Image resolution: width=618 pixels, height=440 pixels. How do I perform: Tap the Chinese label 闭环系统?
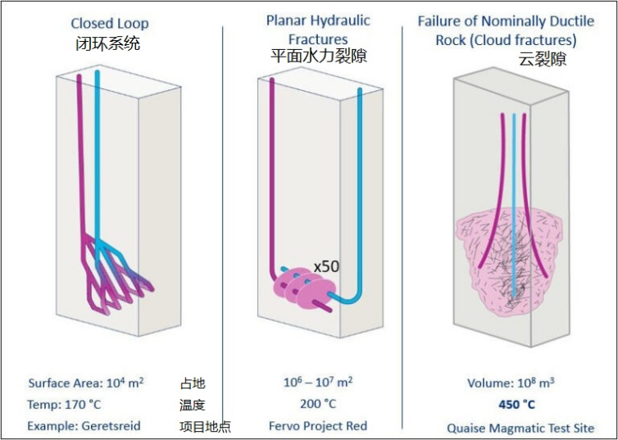[x=108, y=43]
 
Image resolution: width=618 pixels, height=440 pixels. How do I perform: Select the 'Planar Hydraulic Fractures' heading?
[x=318, y=29]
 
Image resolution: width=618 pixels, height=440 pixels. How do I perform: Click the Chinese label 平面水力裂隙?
[x=318, y=57]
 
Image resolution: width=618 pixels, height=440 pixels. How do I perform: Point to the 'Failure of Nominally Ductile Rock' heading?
[x=506, y=29]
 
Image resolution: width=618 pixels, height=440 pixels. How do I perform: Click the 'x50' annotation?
[x=326, y=266]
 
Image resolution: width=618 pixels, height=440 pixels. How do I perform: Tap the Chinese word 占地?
[x=193, y=383]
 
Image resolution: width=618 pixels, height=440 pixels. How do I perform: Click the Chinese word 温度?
[x=193, y=405]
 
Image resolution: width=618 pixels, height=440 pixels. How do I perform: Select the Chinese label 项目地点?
[x=205, y=427]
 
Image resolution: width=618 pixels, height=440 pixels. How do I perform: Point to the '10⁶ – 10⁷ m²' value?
[x=317, y=382]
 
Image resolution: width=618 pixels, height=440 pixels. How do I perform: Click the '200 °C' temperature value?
[x=317, y=404]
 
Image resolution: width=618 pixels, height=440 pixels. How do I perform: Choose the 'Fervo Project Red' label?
[x=318, y=426]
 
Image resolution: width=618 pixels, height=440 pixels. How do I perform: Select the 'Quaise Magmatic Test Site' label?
[x=520, y=428]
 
